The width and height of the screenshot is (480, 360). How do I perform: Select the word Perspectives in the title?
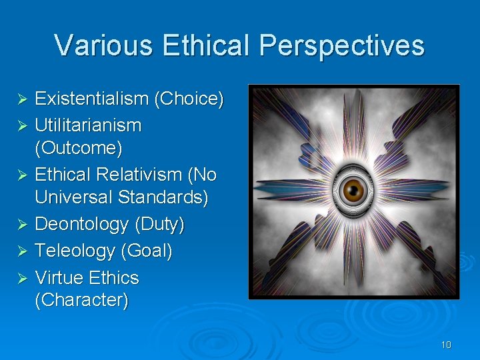point(342,46)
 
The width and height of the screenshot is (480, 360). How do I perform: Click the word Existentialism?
point(91,99)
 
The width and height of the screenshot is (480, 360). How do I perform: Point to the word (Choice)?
point(189,99)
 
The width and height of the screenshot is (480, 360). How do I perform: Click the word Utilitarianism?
point(88,125)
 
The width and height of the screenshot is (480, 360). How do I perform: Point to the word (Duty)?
point(159,225)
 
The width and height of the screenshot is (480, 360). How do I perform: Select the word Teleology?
point(75,251)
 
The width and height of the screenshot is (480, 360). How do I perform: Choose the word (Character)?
point(81,300)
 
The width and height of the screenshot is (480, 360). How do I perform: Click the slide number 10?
point(446,345)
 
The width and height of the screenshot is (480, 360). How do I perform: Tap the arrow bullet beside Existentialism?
point(21,100)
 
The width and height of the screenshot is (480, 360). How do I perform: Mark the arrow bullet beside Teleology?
point(21,251)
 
